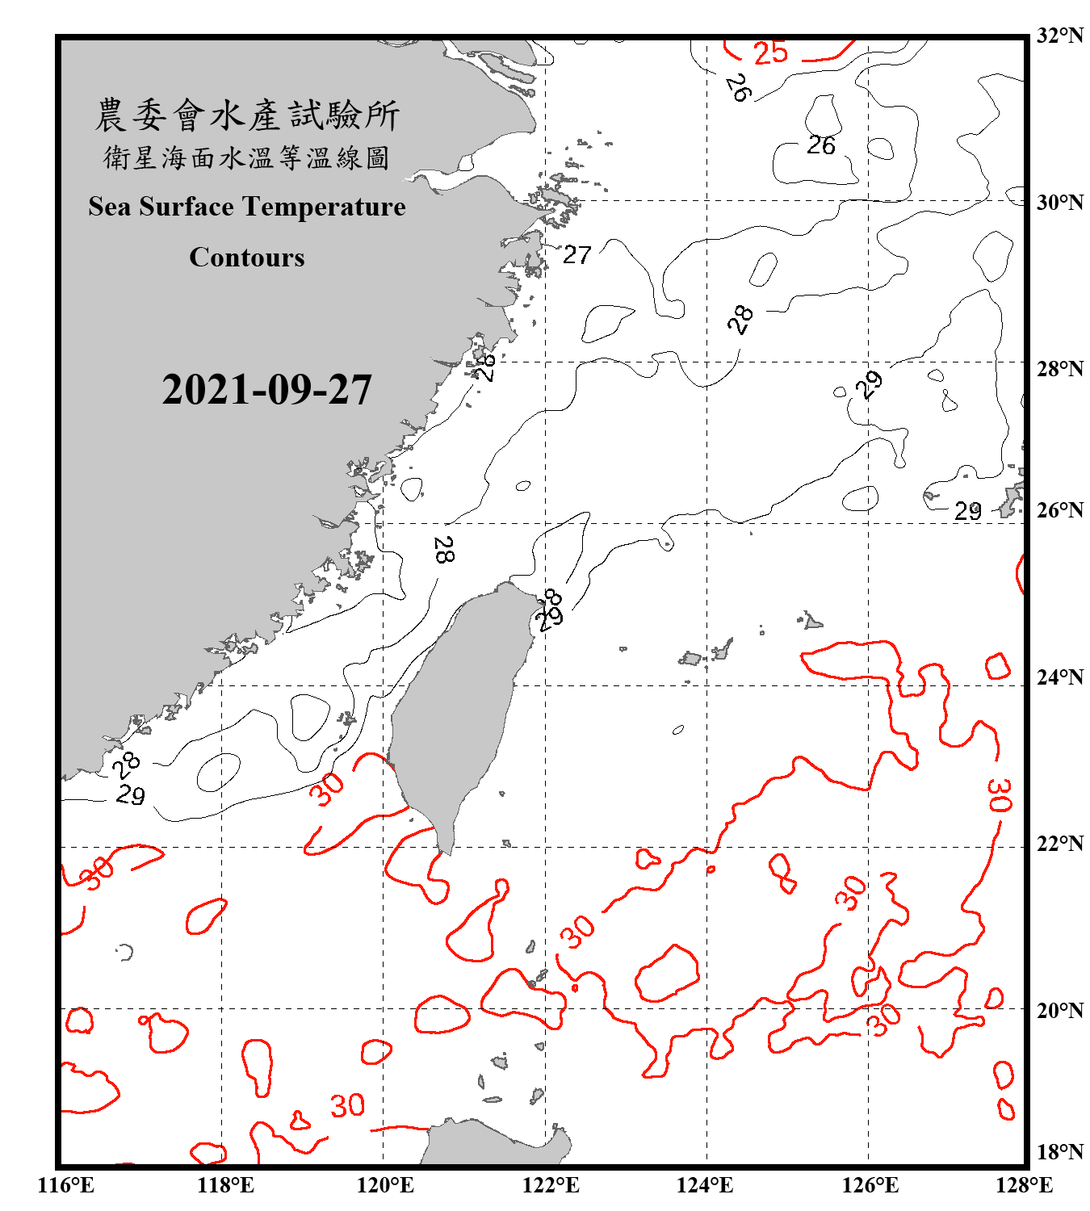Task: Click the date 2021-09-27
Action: click(266, 390)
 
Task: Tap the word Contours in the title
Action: click(247, 257)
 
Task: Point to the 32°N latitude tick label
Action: click(1060, 36)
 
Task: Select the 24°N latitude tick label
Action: click(1060, 677)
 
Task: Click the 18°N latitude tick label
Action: click(1060, 1152)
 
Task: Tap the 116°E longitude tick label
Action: click(65, 1185)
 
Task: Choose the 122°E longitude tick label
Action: click(551, 1185)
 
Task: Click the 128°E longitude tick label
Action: click(1024, 1185)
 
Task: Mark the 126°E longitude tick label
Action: click(870, 1185)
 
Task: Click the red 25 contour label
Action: click(770, 53)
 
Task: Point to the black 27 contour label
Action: click(576, 255)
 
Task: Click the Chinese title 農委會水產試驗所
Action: click(247, 115)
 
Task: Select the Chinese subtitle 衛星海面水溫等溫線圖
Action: click(247, 157)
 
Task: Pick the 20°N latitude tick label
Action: click(1060, 1010)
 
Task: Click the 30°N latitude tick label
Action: click(1060, 202)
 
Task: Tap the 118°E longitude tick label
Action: click(225, 1185)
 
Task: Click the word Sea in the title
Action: click(110, 207)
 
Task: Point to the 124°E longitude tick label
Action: click(705, 1185)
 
